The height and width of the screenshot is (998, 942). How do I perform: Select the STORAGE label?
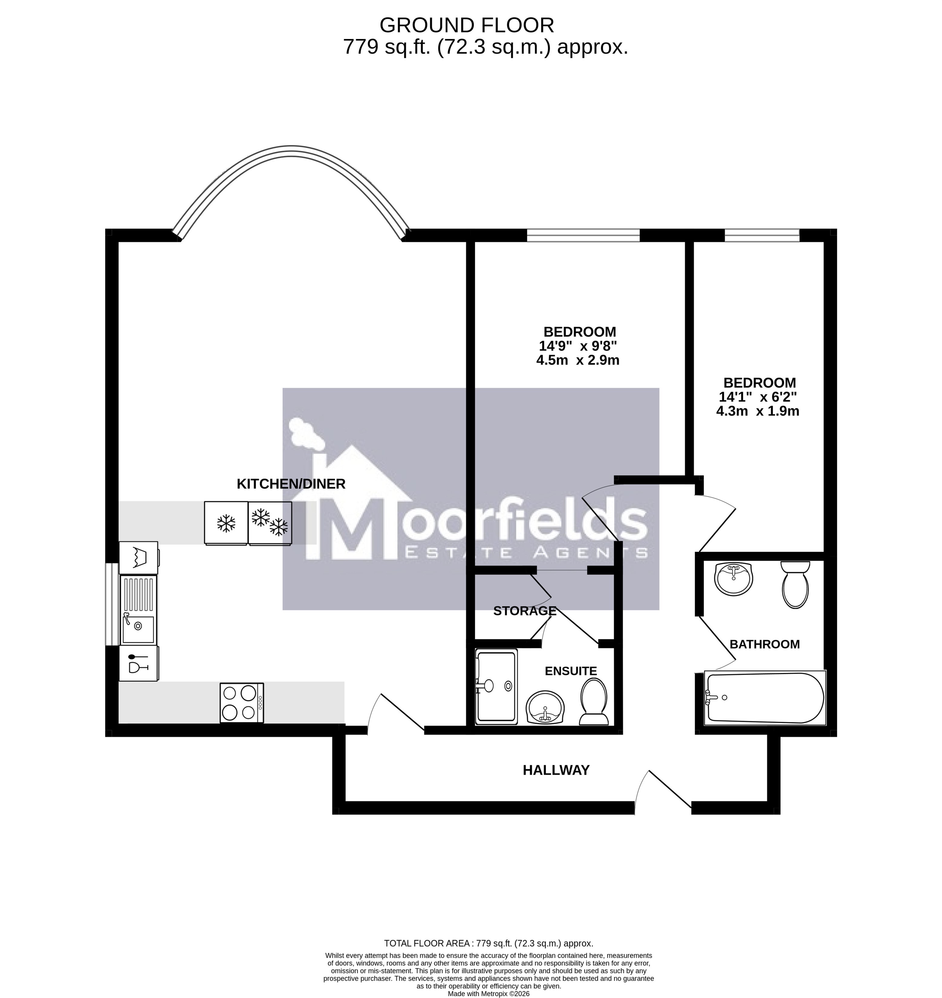click(525, 611)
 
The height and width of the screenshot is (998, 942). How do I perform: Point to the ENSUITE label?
click(571, 671)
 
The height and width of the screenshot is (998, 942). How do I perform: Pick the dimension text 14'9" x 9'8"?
click(577, 346)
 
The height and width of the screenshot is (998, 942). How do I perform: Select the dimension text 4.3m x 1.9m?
click(758, 411)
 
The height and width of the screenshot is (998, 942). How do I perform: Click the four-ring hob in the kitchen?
click(242, 703)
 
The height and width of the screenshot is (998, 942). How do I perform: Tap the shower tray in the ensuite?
click(496, 687)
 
